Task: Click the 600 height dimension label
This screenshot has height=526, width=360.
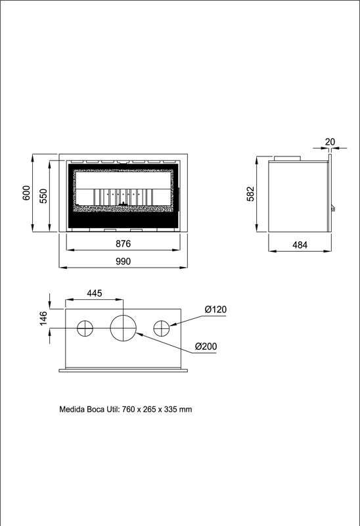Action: coord(26,193)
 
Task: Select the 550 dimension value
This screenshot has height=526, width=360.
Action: coord(43,196)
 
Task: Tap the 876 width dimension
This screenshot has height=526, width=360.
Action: coord(123,243)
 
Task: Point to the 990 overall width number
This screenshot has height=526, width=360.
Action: coord(123,261)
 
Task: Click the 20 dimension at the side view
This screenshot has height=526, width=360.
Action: coord(330,142)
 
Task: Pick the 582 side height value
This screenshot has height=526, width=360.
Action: coord(251,194)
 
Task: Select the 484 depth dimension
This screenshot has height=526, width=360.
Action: coord(300,245)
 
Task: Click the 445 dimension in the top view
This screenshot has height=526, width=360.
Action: coord(94,293)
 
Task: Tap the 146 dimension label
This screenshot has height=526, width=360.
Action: coord(43,318)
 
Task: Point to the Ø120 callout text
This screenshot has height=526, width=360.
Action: coord(215,309)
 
